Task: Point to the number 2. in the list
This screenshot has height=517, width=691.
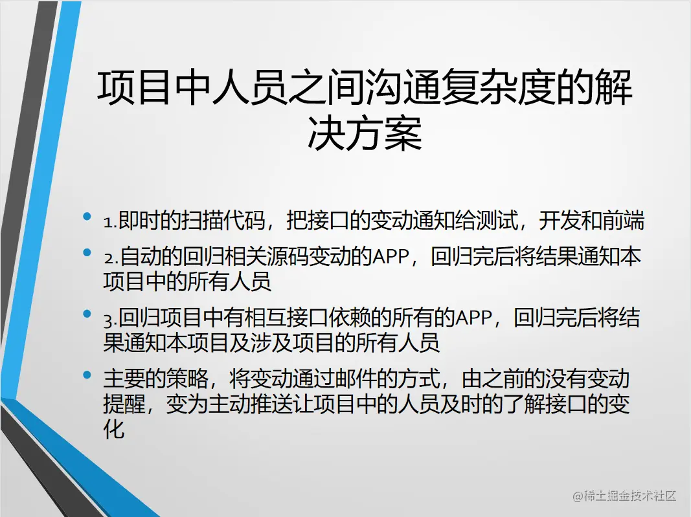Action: [x=109, y=258]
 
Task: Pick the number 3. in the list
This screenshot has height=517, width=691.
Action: [x=109, y=319]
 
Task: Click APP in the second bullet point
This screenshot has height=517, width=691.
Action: [x=392, y=258]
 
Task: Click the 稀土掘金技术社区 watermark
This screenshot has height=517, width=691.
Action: [x=624, y=496]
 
